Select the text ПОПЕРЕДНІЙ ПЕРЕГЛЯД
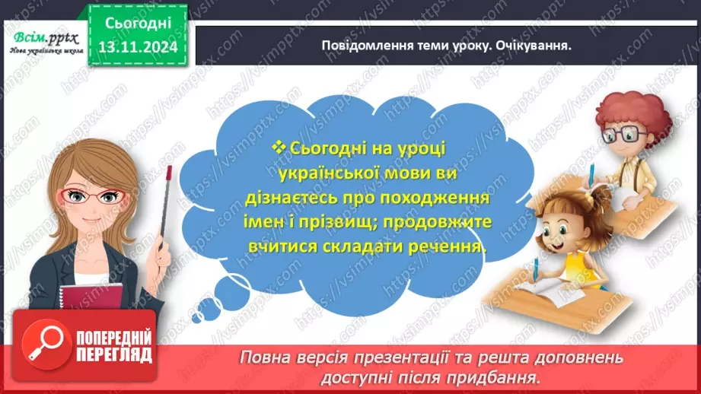point(107,346)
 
